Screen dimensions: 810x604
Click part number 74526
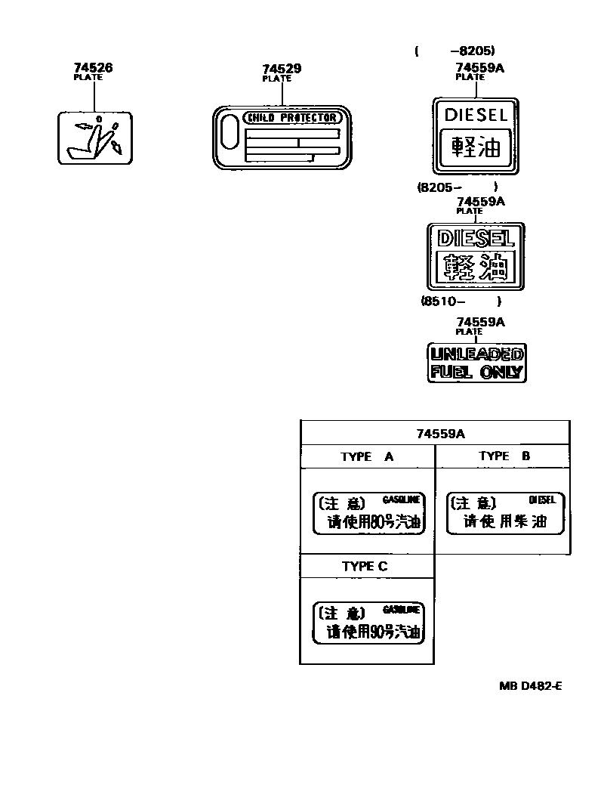coord(93,67)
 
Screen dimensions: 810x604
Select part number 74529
coord(282,69)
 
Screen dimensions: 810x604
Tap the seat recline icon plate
coord(95,138)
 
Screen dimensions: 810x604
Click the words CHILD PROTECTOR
coord(293,118)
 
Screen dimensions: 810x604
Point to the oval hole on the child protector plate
coord(229,137)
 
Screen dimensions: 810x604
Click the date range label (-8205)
coord(455,51)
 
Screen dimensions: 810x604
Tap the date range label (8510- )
coord(461,300)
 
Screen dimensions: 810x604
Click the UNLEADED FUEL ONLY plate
coord(476,363)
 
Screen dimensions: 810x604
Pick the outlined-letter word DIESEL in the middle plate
coord(476,239)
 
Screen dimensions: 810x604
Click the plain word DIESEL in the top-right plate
coord(476,115)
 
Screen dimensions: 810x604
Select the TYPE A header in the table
coord(367,456)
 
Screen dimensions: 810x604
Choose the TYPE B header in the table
coord(504,456)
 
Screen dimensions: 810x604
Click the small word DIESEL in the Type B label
coord(542,499)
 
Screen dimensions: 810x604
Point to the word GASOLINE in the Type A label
coord(401,499)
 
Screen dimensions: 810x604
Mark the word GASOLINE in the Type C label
coord(401,609)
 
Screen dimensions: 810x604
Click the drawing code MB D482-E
coord(530,686)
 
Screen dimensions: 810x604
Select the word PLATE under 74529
coord(276,79)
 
